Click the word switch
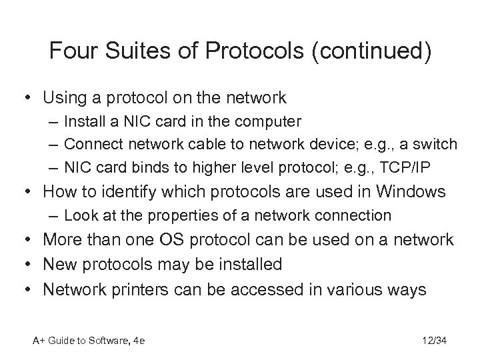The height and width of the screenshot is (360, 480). tap(436, 143)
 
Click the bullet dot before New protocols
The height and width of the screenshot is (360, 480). tap(28, 264)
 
